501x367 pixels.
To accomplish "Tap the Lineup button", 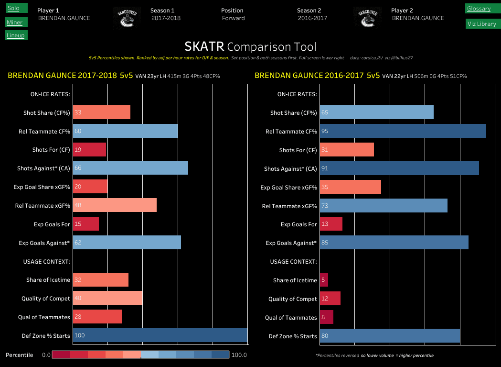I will point(16,35).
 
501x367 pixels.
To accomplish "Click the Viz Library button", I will point(481,23).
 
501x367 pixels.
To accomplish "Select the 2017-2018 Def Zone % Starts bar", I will point(160,335).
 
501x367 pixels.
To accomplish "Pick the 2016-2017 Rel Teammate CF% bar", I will point(403,131).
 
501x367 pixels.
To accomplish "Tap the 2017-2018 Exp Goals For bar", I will point(86,224).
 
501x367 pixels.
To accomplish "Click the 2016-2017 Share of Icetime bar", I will point(324,280).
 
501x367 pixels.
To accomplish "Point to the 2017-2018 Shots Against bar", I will point(130,168).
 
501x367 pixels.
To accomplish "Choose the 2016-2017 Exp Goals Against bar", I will point(394,243).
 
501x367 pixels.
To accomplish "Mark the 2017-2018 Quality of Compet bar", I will point(107,298).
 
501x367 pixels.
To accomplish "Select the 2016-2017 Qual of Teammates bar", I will point(327,317).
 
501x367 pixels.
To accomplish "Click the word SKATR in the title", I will point(204,46).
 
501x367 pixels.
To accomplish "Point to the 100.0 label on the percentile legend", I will point(239,355).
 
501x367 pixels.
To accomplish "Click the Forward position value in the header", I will point(234,18).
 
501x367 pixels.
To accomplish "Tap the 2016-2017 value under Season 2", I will point(312,18).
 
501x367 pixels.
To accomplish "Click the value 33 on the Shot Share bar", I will point(78,112).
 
